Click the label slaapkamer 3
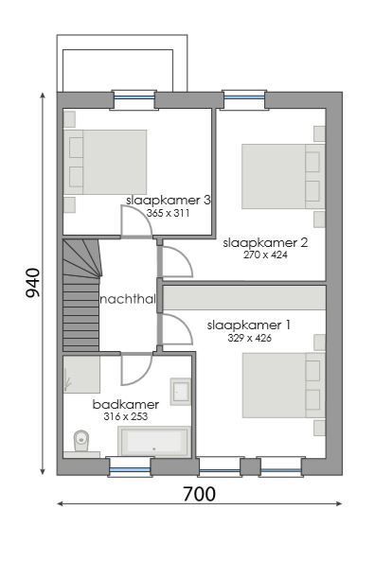pos(168,201)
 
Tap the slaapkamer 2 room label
pos(265,242)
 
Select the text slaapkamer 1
pos(248,325)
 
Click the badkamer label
pos(125,405)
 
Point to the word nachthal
pos(127,300)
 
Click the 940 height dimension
pos(33,283)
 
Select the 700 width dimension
pos(198,494)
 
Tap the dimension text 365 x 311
pos(168,214)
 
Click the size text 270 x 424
pos(264,255)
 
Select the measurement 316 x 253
pos(126,416)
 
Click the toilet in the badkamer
pos(81,440)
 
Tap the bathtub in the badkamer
pos(153,441)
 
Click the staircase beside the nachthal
pos(80,293)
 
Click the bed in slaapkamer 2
pos(281,178)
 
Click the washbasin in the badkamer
pos(180,389)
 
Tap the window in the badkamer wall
pos(129,466)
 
